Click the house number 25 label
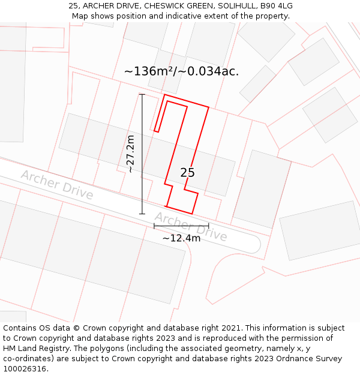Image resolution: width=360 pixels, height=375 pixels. (x=187, y=173)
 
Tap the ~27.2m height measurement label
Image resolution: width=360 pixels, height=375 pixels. (x=130, y=154)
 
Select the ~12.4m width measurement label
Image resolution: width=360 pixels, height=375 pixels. (x=181, y=238)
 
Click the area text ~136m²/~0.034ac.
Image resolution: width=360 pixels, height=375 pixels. (x=181, y=71)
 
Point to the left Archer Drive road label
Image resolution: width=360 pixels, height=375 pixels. (x=57, y=184)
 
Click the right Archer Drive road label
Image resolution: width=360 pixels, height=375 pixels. (x=191, y=226)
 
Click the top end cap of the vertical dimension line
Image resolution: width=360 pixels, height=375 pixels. (x=142, y=95)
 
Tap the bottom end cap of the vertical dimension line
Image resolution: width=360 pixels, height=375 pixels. (x=142, y=213)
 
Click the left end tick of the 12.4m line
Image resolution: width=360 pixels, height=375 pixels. (x=154, y=226)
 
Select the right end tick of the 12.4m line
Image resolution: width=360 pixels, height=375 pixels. (x=208, y=226)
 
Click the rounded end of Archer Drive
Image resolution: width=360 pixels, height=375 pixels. (x=255, y=244)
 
